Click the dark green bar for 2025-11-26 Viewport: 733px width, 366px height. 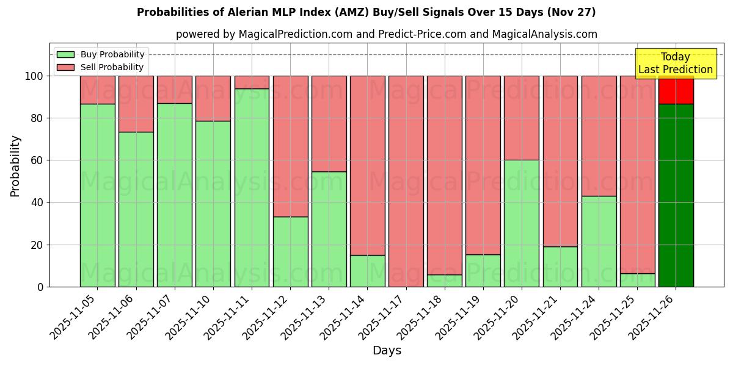[x=676, y=195]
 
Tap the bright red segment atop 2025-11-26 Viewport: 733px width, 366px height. [x=676, y=90]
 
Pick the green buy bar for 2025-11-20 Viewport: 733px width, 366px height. [x=522, y=223]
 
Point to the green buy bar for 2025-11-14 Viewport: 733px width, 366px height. [x=367, y=271]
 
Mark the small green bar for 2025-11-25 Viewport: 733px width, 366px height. [x=637, y=280]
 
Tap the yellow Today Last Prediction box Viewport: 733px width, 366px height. [x=676, y=63]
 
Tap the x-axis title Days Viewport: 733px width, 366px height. [x=387, y=351]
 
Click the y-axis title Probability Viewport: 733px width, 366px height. [x=15, y=166]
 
